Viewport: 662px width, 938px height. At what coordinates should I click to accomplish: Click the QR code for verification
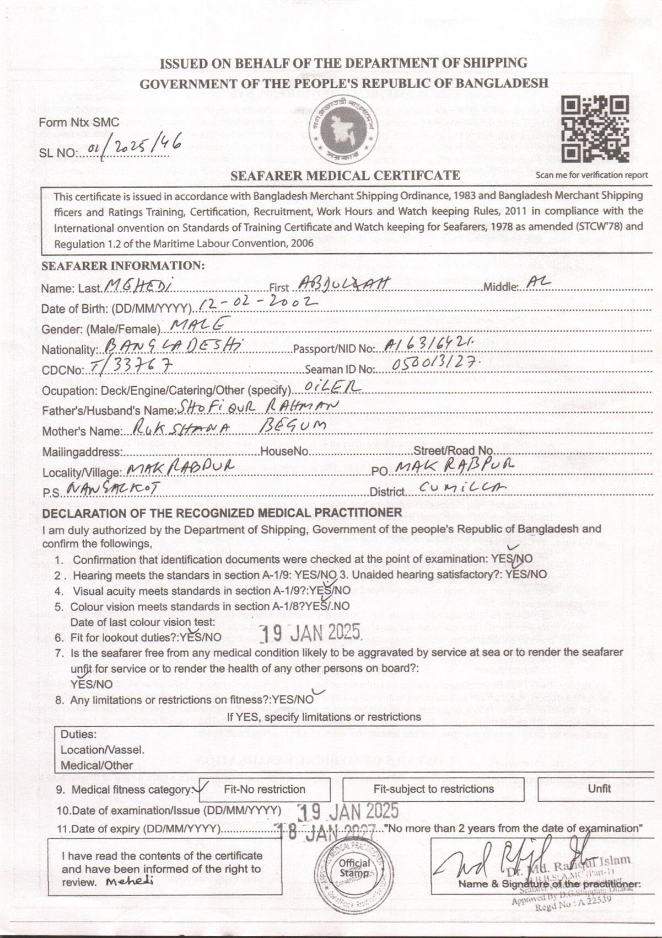pos(595,129)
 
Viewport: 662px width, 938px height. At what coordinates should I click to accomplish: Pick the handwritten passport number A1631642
pos(428,345)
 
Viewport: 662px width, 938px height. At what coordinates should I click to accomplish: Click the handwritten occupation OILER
pos(333,387)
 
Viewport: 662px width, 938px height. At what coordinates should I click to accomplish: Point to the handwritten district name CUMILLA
pos(462,487)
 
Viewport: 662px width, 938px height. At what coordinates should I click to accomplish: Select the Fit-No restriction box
pos(265,789)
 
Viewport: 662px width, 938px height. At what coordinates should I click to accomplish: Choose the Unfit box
pos(599,788)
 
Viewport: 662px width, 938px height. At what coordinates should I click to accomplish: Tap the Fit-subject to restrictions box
pos(433,789)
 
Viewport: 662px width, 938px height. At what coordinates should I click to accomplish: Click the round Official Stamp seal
pos(354,868)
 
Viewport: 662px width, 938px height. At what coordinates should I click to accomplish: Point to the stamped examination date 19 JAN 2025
pos(348,811)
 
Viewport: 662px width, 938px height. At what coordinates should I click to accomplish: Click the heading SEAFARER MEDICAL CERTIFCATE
pos(345,175)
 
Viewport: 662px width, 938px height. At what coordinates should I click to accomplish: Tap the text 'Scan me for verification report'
pos(591,175)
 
